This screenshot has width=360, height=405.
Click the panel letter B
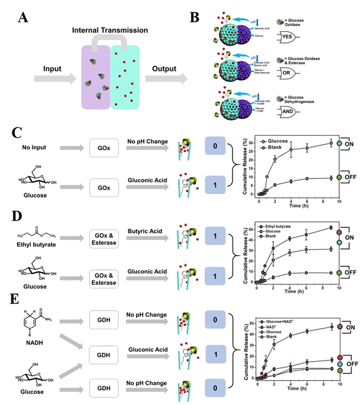[x=194, y=17]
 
